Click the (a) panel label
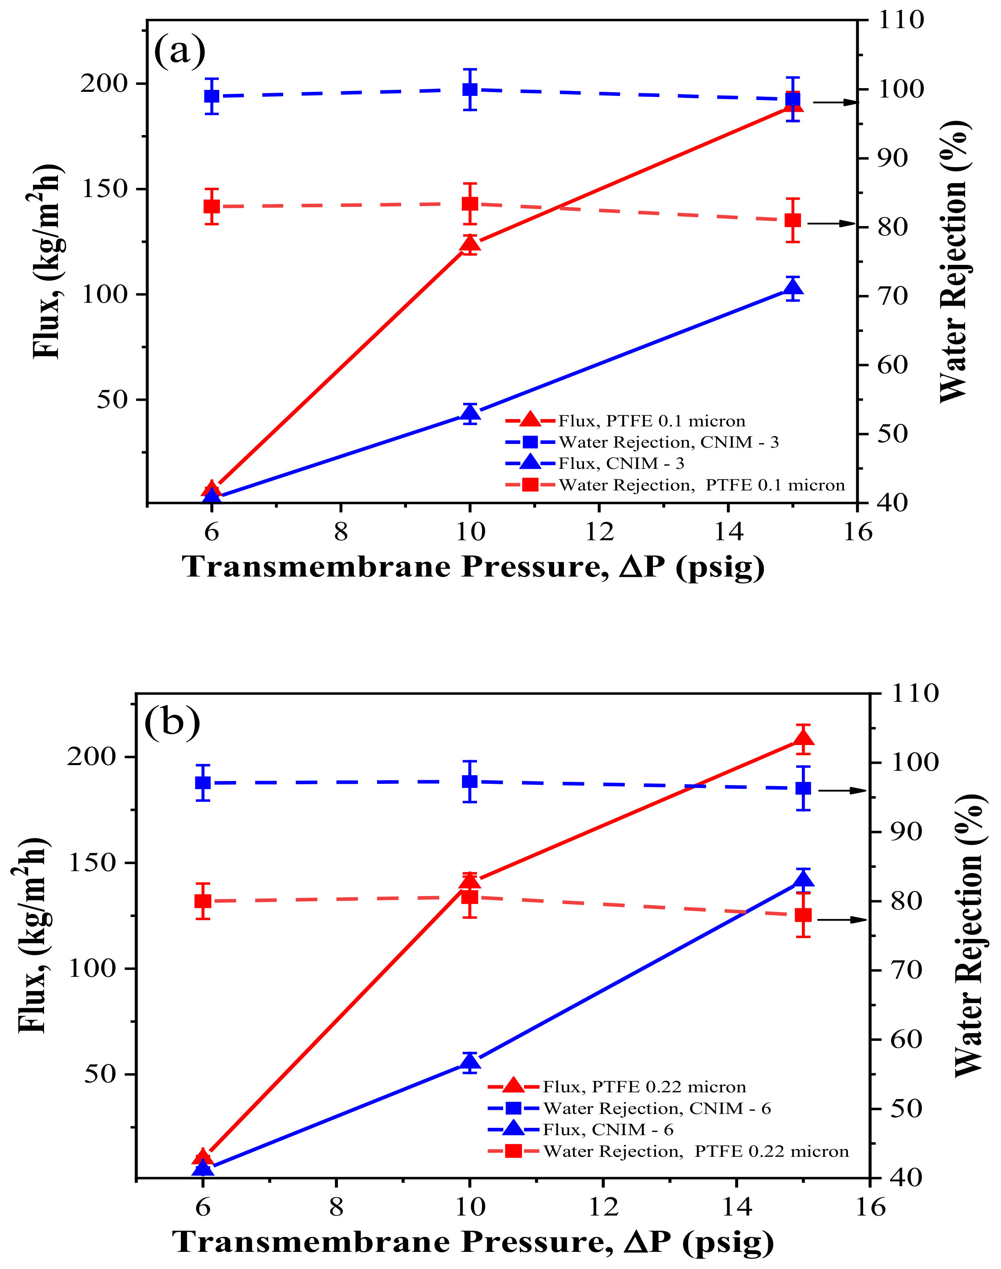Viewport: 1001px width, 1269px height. coord(179,51)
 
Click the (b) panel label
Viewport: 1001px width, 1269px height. coord(172,723)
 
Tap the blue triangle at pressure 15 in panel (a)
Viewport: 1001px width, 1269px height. coord(793,288)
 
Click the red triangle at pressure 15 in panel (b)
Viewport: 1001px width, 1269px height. coord(803,738)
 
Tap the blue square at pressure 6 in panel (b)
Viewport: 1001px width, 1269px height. coord(203,783)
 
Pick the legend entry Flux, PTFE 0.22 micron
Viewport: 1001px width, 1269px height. coord(644,1087)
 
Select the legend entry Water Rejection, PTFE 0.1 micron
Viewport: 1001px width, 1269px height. coord(701,485)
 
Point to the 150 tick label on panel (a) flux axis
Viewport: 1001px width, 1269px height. coord(104,189)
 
